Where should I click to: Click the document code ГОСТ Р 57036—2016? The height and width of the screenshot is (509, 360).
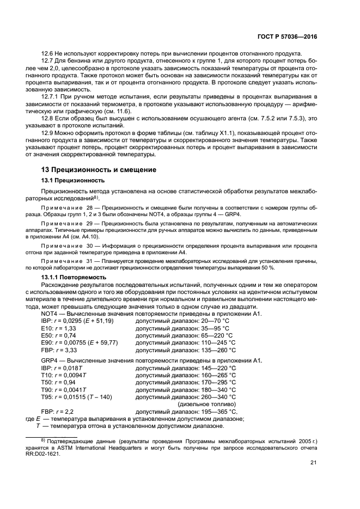click(291, 36)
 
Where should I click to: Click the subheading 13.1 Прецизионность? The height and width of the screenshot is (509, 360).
click(73, 180)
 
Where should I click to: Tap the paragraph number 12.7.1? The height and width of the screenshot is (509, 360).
click(52, 96)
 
